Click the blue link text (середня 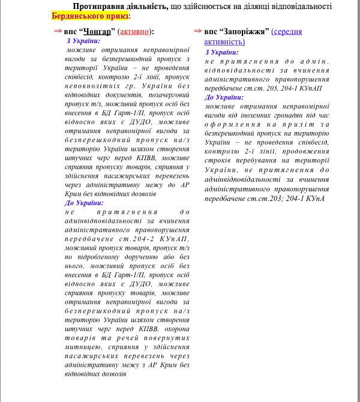click(287, 31)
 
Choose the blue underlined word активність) click(224, 41)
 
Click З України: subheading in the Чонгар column click(84, 41)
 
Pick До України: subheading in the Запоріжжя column click(224, 97)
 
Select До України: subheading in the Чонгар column click(85, 203)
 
